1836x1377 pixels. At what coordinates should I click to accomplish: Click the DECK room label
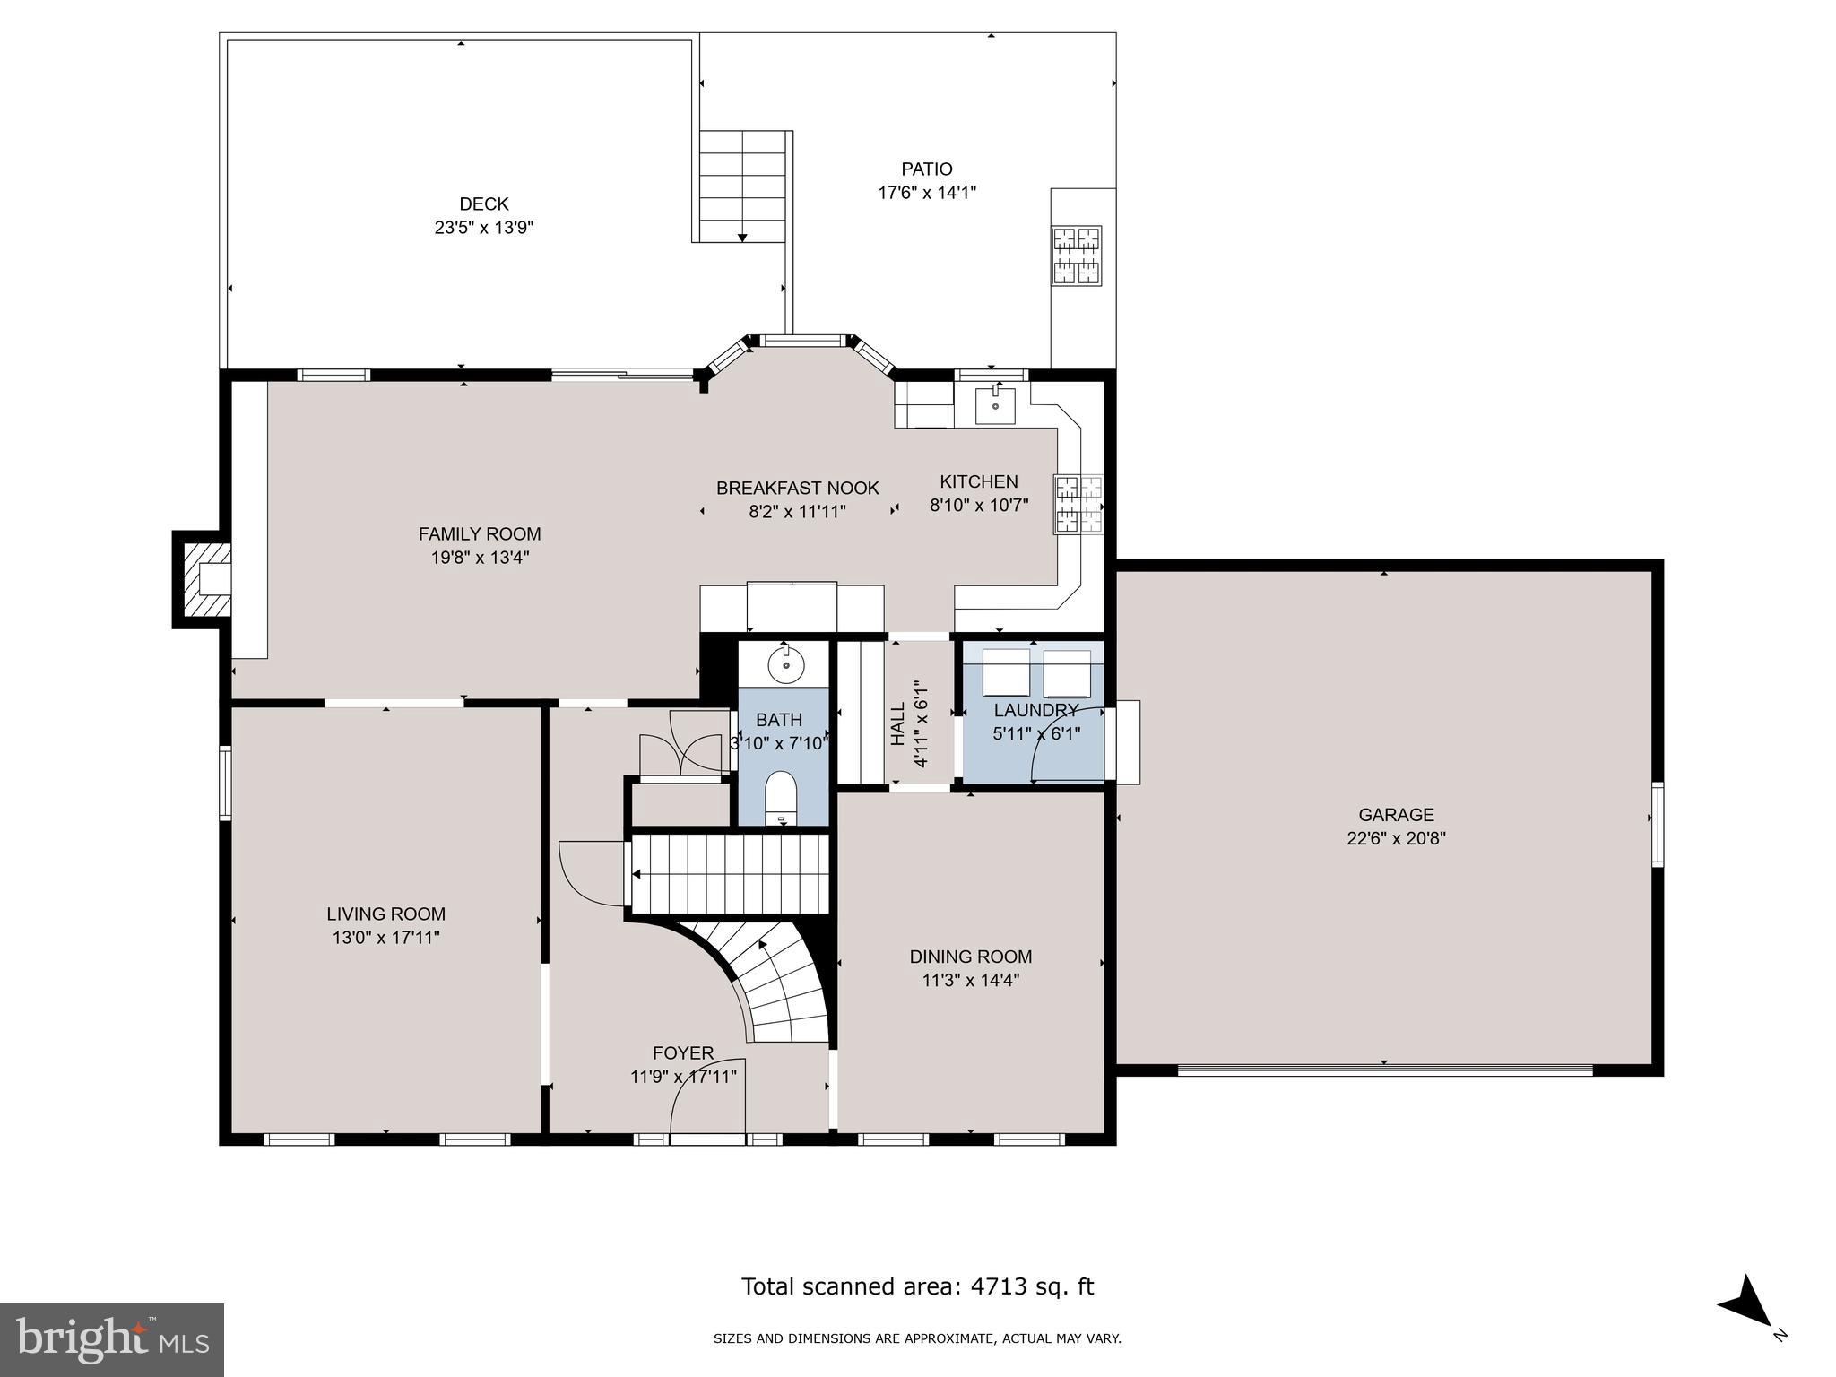point(483,204)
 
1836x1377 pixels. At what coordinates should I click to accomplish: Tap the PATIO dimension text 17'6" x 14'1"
point(926,193)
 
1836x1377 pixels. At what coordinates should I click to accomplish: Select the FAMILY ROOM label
point(480,534)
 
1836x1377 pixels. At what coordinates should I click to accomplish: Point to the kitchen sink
point(995,406)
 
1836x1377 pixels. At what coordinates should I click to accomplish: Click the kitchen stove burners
point(1078,506)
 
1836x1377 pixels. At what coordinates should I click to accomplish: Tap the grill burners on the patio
point(1076,255)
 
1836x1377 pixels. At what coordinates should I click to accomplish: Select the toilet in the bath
point(782,797)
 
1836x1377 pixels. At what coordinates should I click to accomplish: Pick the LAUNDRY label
point(1035,711)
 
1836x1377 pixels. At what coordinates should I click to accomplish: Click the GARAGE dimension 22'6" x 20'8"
point(1396,839)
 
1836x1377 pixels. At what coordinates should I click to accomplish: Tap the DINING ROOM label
point(971,957)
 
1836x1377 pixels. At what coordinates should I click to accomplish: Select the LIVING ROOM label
point(385,914)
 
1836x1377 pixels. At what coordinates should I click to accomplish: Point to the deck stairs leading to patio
point(742,186)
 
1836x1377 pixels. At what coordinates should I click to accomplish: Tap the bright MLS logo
point(112,1340)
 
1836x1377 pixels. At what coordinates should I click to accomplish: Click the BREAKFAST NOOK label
point(797,489)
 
